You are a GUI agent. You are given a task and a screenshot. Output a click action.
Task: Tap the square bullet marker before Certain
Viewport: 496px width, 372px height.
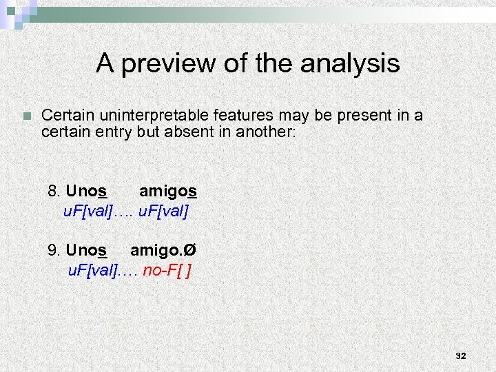[26, 116]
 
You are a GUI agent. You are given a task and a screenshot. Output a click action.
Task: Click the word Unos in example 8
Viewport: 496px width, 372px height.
[86, 191]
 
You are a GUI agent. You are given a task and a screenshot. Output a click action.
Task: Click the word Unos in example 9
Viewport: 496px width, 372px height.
[86, 249]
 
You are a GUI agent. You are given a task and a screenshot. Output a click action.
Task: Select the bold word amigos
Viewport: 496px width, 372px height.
[168, 191]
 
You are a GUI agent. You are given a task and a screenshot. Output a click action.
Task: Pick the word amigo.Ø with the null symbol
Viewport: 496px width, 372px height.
[163, 249]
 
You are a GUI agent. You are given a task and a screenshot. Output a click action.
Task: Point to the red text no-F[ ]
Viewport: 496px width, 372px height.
[167, 269]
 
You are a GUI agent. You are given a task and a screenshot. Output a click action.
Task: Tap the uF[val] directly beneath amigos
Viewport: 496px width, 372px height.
[163, 211]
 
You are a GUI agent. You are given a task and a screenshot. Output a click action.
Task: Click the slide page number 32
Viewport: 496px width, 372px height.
[461, 356]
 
